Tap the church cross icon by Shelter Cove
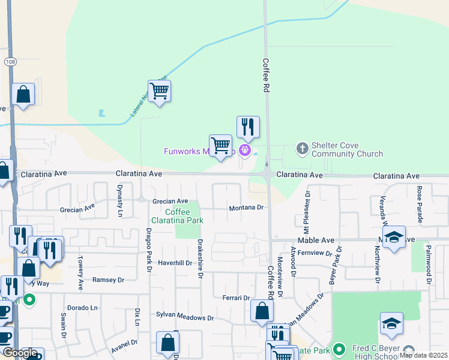[x=302, y=147]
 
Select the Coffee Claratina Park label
[x=185, y=216]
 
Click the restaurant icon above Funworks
[x=248, y=127]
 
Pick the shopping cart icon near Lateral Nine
[x=159, y=91]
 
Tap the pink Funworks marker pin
[x=245, y=149]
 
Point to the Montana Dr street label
[x=246, y=208]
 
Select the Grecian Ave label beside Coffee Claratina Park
[x=170, y=201]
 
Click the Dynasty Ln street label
[x=120, y=201]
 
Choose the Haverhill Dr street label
[x=175, y=263]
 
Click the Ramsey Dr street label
[x=108, y=280]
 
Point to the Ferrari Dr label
[x=236, y=298]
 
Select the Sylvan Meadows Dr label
[x=185, y=317]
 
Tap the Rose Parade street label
[x=419, y=203]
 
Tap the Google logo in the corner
[x=20, y=353]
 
